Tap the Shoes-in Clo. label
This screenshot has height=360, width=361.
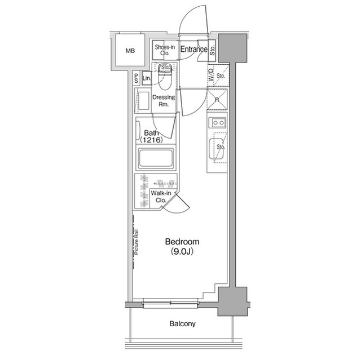click(x=165, y=51)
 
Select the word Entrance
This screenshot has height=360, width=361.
click(x=194, y=50)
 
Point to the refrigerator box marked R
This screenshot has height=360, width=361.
click(x=217, y=100)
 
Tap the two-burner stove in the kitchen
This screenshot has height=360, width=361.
click(x=217, y=123)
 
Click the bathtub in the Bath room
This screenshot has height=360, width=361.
click(x=156, y=158)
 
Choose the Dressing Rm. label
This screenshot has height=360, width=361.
click(x=164, y=101)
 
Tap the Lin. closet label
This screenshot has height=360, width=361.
click(x=147, y=78)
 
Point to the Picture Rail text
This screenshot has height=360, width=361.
click(x=137, y=242)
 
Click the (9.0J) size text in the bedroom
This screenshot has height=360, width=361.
click(x=182, y=252)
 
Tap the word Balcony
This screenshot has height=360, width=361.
click(x=182, y=324)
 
